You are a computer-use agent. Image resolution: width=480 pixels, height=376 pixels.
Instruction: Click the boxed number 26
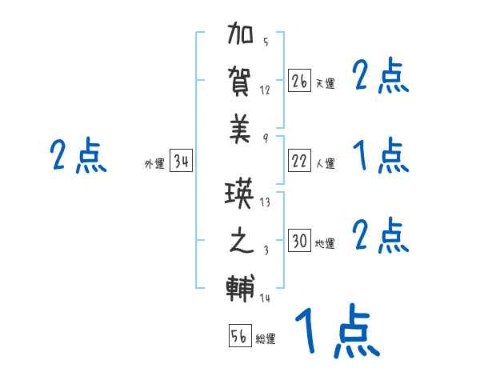click(299, 81)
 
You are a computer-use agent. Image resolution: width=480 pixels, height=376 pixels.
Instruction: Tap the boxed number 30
click(299, 241)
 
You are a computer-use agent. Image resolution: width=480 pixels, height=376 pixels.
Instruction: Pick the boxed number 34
click(182, 162)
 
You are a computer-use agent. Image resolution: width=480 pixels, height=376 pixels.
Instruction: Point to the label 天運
click(326, 83)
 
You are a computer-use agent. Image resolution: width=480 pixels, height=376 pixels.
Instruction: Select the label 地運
click(326, 243)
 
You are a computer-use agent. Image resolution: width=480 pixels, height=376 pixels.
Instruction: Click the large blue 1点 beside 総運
click(336, 331)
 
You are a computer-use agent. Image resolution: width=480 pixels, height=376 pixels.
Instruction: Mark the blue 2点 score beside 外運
click(78, 155)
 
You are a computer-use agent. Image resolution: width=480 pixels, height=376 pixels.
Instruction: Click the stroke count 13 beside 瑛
click(266, 202)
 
